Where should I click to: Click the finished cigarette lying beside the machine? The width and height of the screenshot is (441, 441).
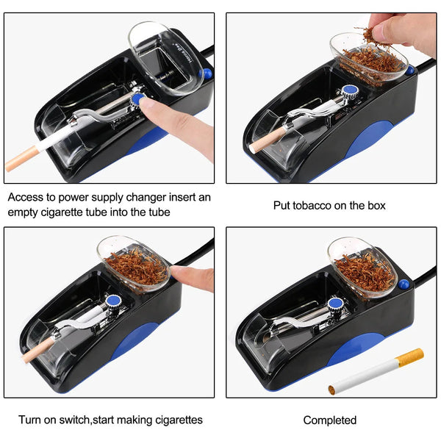click(376, 371)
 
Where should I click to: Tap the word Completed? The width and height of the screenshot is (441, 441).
click(329, 420)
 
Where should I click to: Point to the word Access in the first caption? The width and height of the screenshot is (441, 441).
click(26, 198)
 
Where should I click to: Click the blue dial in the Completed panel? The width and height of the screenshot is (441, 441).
click(336, 303)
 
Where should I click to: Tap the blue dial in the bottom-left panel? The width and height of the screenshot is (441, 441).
click(113, 301)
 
